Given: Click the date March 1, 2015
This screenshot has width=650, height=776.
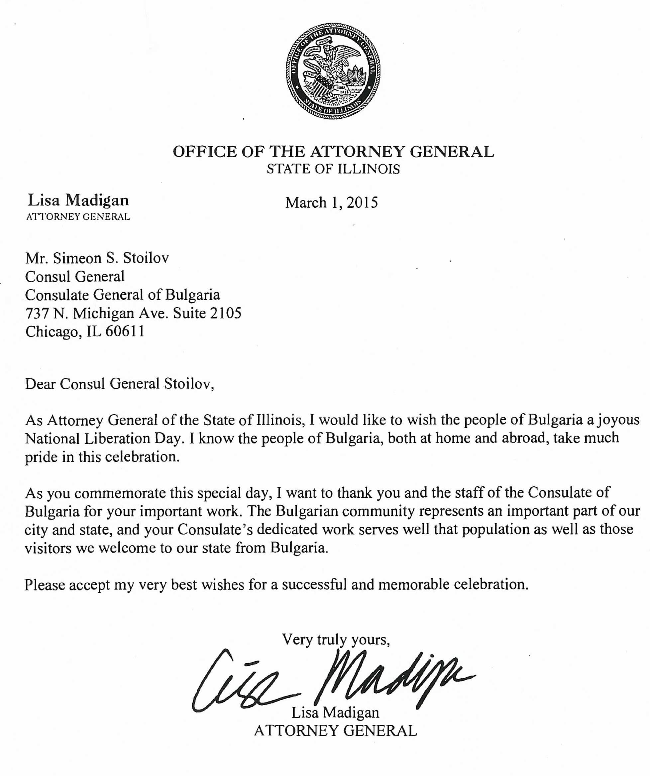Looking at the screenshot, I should coord(331,202).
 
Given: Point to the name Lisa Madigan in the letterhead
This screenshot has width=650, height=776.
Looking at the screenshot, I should coord(78,200).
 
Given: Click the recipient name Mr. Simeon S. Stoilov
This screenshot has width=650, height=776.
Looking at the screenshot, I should coord(97,258).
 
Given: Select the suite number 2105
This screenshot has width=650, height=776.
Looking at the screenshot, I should coord(225,313).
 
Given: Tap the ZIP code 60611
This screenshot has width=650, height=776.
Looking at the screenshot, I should coord(125,331).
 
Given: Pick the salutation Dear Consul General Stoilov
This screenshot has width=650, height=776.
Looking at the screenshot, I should coord(119,384).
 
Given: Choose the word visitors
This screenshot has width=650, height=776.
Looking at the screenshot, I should coord(48,548).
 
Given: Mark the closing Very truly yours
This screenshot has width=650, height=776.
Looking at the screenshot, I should coord(336,639).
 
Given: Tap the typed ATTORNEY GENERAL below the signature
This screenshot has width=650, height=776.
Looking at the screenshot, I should coord(335,730).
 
